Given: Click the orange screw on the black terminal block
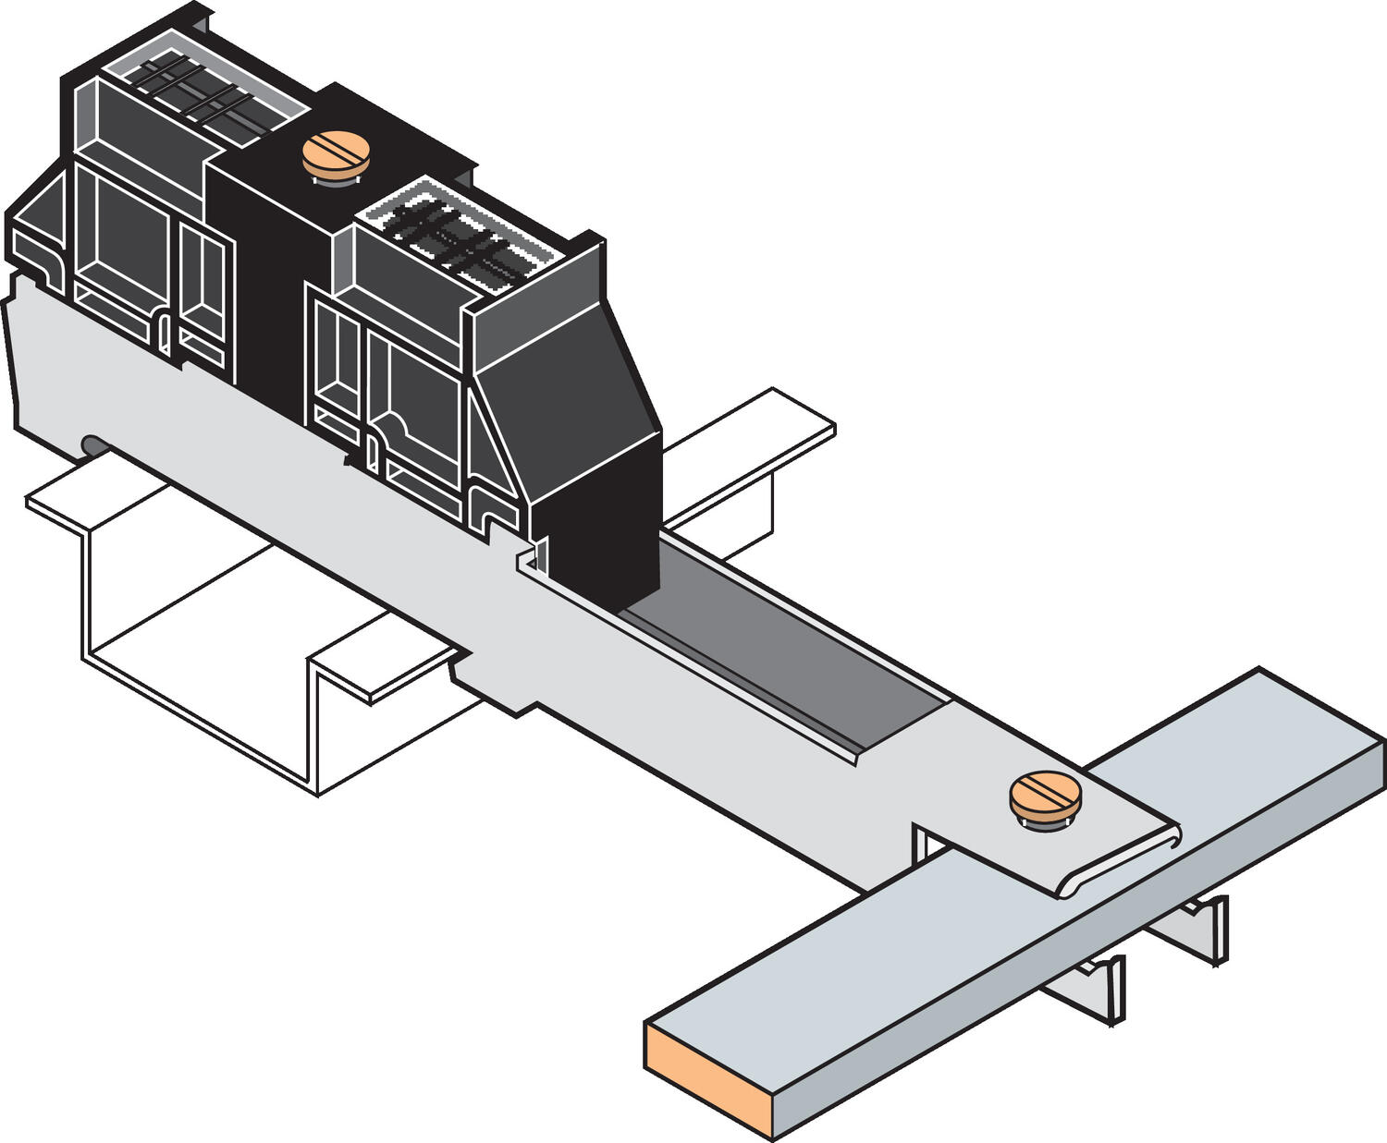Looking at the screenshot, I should (x=335, y=154).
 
